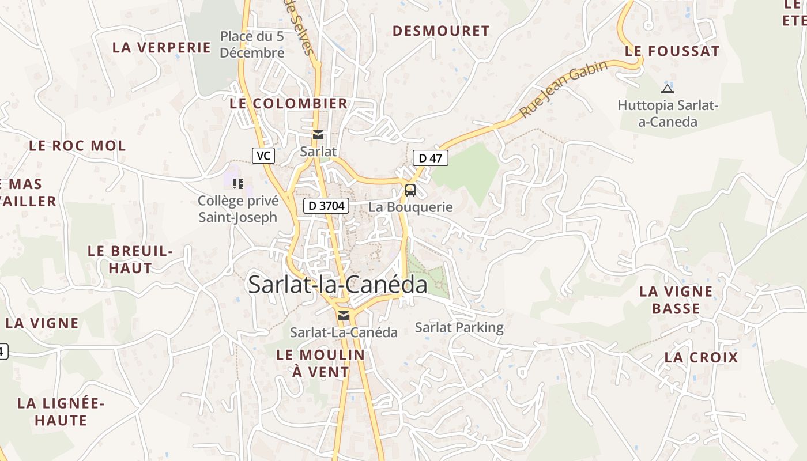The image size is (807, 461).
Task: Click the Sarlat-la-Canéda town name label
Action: point(338,285)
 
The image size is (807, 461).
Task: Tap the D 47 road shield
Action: point(431,158)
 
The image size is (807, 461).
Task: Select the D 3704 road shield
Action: point(327,206)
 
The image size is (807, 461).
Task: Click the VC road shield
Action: point(263,156)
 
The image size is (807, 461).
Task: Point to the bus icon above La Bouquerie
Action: point(410,190)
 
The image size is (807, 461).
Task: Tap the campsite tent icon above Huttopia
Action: point(668,89)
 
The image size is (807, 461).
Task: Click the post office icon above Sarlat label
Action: point(318,135)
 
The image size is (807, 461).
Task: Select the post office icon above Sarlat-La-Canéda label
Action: point(344,315)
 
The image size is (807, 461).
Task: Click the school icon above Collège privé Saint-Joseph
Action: point(237,184)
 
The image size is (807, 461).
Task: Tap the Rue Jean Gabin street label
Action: point(564,89)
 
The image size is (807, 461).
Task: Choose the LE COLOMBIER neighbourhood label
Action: point(289,104)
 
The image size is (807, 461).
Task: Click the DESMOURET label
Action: point(441,31)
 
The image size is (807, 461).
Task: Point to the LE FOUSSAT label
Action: point(672,51)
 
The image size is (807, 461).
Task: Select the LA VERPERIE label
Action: point(162,47)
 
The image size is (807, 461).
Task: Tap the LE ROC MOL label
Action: point(77,146)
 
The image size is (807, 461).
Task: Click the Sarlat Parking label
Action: point(459,328)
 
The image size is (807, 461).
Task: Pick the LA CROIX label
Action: point(701,357)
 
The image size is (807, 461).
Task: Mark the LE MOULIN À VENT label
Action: point(320,363)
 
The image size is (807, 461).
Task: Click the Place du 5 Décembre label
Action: point(252,44)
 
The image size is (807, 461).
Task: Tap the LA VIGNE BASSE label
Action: point(676,300)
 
